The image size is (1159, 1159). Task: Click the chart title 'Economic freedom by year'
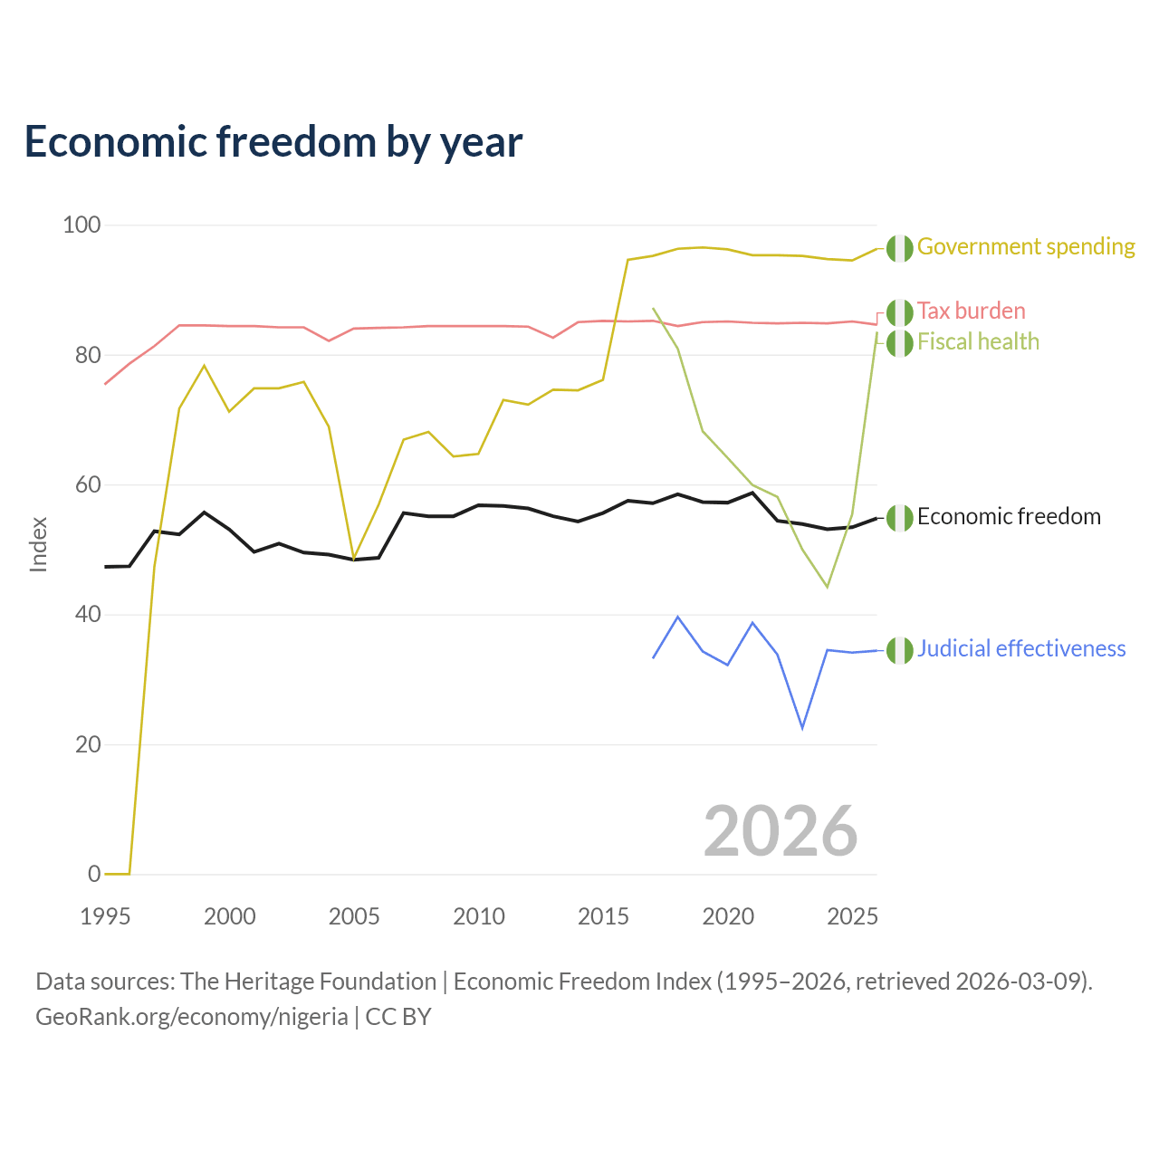click(273, 142)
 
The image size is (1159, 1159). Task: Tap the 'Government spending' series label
click(1026, 246)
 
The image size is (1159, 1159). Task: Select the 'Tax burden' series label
click(971, 311)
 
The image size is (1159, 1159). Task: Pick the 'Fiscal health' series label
click(978, 341)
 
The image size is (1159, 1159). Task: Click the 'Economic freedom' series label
click(1009, 516)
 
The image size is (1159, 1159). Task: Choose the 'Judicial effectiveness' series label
click(1021, 648)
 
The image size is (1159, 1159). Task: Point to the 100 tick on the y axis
click(81, 225)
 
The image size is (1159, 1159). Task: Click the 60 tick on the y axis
click(87, 484)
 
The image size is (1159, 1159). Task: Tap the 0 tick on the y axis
click(94, 873)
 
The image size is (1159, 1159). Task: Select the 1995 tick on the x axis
click(105, 916)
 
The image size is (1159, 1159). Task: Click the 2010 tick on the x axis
click(478, 916)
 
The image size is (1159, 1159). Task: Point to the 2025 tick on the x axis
click(852, 916)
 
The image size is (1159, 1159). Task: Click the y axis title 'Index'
click(39, 544)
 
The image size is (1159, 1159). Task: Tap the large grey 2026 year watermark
click(781, 831)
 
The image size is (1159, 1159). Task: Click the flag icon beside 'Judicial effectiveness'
click(900, 650)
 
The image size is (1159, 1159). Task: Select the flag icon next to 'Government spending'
click(900, 248)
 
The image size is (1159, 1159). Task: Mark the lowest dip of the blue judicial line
click(802, 728)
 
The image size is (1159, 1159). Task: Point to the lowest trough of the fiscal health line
click(827, 587)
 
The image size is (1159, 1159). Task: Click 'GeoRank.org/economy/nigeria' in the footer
click(192, 1017)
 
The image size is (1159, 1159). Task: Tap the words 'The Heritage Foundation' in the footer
click(309, 982)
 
